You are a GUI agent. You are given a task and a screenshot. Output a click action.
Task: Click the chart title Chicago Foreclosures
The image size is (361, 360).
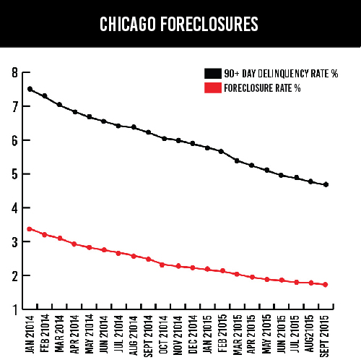179,24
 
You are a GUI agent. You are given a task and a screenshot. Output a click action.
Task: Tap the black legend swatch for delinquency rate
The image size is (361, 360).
213,74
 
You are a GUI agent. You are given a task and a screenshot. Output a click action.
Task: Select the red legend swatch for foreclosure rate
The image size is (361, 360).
213,88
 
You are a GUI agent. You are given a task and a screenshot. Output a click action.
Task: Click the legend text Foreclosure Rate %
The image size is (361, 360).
262,88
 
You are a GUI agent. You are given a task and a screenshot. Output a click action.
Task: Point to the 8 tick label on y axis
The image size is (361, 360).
15,72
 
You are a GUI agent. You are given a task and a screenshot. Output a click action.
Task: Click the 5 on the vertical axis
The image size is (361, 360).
15,174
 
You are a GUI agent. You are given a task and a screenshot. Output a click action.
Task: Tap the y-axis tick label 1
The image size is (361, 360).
15,310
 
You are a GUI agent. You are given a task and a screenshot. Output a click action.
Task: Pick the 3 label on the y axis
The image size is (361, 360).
15,242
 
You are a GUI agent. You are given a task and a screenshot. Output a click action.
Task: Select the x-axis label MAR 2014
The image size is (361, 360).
59,334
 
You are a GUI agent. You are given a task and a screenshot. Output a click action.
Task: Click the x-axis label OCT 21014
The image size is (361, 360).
163,335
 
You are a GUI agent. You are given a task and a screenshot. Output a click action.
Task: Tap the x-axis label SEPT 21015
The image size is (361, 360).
324,336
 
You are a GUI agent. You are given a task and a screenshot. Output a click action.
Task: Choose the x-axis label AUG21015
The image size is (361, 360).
309,333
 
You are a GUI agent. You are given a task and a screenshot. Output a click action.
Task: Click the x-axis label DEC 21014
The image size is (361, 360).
193,335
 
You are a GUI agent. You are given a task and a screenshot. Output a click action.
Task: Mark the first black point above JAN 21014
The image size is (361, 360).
30,89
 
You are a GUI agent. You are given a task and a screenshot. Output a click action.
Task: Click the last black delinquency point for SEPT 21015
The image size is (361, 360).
326,185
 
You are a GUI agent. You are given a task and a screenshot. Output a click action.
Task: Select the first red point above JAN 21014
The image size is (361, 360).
30,229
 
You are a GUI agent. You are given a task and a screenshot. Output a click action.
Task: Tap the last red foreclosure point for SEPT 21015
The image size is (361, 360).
326,285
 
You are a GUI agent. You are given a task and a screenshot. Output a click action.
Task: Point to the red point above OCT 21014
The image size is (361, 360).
162,265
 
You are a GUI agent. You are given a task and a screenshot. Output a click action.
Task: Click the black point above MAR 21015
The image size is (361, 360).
237,160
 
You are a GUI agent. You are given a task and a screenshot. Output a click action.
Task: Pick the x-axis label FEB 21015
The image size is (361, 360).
222,333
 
